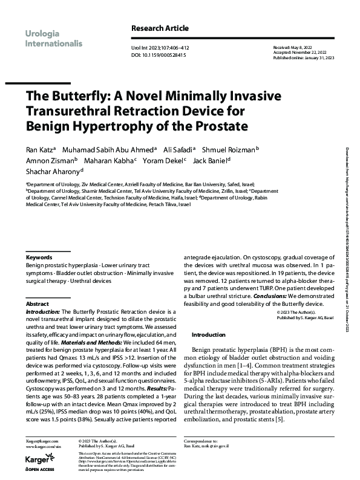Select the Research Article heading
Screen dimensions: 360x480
point(160,28)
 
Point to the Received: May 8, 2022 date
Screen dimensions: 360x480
point(296,47)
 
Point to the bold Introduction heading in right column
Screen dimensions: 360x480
point(208,334)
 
